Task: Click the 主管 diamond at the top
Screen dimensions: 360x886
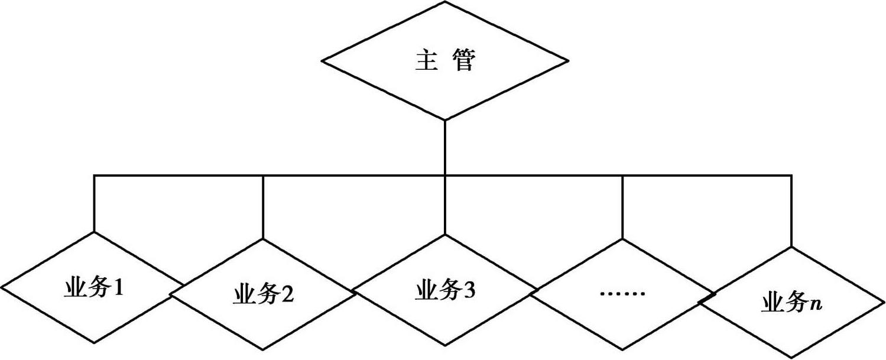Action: coord(444,61)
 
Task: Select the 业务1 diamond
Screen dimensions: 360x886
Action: coord(95,287)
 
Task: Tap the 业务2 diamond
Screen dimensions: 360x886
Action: coord(263,294)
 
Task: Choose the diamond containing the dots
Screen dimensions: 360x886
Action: coord(623,294)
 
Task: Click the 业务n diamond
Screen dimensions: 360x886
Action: coord(792,303)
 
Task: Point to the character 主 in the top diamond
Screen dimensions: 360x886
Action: coord(426,61)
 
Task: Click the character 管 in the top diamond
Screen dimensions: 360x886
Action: coord(463,61)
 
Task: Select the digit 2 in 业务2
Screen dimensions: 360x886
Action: coord(287,294)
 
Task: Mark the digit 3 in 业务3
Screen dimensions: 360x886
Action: coord(470,291)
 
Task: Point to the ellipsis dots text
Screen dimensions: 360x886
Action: coord(623,293)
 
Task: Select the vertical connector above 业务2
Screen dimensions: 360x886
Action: coord(263,206)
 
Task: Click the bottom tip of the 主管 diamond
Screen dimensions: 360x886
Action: coord(444,119)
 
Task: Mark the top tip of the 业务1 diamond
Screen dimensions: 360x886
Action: coord(95,232)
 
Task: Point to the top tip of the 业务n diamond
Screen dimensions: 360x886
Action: coord(792,247)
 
